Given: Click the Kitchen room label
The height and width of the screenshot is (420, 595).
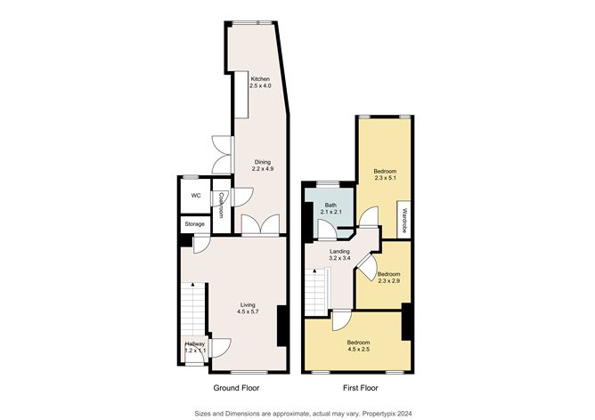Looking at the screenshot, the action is point(260,79).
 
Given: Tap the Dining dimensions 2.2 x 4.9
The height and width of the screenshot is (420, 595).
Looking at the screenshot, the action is point(263,169).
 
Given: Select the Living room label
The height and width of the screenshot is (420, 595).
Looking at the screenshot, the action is point(248,304).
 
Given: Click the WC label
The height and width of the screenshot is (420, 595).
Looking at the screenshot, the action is point(196,196).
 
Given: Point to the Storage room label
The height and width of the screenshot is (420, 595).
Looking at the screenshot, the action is point(195,224).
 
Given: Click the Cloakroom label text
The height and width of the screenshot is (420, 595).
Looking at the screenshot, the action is point(220,205).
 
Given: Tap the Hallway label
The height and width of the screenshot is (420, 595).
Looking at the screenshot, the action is point(195,343).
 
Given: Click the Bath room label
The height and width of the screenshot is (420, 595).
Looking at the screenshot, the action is point(330,205).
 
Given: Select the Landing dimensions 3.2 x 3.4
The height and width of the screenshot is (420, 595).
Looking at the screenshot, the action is point(339,258).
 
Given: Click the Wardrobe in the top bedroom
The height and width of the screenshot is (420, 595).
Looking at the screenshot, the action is point(403,220).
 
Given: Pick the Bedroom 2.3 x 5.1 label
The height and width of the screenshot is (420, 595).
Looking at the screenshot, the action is point(385,174).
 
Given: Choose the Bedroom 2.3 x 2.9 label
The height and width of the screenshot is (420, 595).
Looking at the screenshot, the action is point(388,278).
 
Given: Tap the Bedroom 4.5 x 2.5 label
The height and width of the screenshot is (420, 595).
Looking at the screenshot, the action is point(359,346).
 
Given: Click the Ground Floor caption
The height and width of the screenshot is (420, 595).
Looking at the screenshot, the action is point(236,388).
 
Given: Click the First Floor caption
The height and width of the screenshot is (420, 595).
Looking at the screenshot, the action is point(361,388).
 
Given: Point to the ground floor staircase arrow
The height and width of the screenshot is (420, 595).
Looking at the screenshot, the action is point(193,284).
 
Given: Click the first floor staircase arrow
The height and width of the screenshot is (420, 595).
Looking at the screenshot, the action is point(314,271).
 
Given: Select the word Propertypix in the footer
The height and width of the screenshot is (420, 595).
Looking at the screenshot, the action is point(379,413).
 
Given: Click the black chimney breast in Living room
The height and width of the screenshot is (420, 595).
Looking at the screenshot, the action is point(282,326).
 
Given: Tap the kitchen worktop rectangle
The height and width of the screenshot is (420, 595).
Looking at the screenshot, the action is point(241,95).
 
